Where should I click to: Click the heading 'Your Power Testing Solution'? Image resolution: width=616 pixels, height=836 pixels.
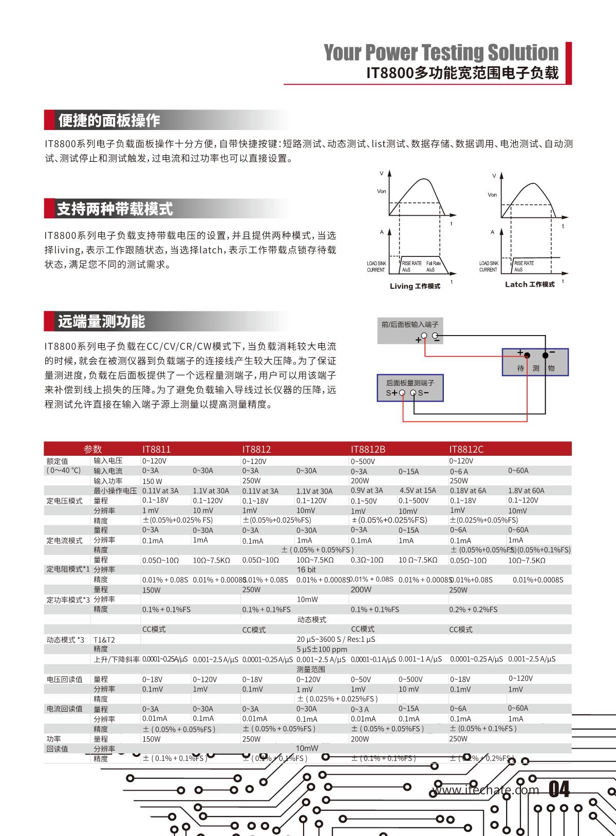[x=441, y=52]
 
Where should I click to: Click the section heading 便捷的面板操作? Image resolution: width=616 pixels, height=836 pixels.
[x=109, y=120]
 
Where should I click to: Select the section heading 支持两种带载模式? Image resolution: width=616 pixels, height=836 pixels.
[x=115, y=209]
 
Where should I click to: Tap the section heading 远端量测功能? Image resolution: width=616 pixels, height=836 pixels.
[x=101, y=322]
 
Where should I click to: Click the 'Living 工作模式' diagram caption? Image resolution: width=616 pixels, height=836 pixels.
[x=415, y=286]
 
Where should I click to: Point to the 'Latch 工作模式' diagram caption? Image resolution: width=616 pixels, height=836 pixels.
[x=529, y=284]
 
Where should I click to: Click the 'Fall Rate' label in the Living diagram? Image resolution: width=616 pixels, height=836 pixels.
[x=433, y=263]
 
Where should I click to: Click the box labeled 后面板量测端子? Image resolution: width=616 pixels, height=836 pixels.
[x=410, y=387]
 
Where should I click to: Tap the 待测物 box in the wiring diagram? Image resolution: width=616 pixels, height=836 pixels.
[x=535, y=362]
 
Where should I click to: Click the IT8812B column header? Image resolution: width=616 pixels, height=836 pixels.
[x=368, y=449]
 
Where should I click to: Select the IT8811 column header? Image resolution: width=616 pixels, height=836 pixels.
[x=156, y=449]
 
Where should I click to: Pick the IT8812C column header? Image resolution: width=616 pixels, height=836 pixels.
[x=466, y=449]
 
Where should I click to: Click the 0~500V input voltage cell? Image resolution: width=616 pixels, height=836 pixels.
[x=363, y=461]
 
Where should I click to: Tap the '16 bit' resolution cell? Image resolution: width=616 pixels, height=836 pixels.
[x=306, y=570]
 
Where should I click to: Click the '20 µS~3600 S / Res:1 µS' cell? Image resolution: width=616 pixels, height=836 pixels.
[x=335, y=639]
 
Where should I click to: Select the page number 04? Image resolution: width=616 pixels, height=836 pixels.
[x=559, y=789]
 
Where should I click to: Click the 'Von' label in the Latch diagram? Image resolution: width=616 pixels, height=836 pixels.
[x=492, y=195]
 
